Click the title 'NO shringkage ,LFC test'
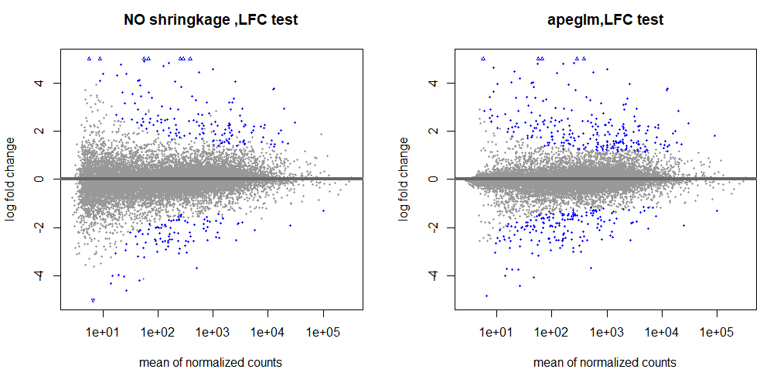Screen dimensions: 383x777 click(210, 21)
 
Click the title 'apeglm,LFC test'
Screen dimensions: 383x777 click(603, 21)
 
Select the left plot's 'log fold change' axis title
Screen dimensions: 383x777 click(11, 180)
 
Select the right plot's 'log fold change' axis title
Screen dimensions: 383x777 click(405, 180)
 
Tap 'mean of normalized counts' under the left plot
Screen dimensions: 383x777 click(210, 362)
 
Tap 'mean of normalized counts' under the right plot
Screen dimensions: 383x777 click(605, 362)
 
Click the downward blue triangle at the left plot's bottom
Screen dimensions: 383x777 click(93, 300)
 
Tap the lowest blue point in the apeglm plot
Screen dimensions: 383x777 click(486, 296)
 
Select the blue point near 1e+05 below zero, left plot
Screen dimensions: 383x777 click(322, 210)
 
